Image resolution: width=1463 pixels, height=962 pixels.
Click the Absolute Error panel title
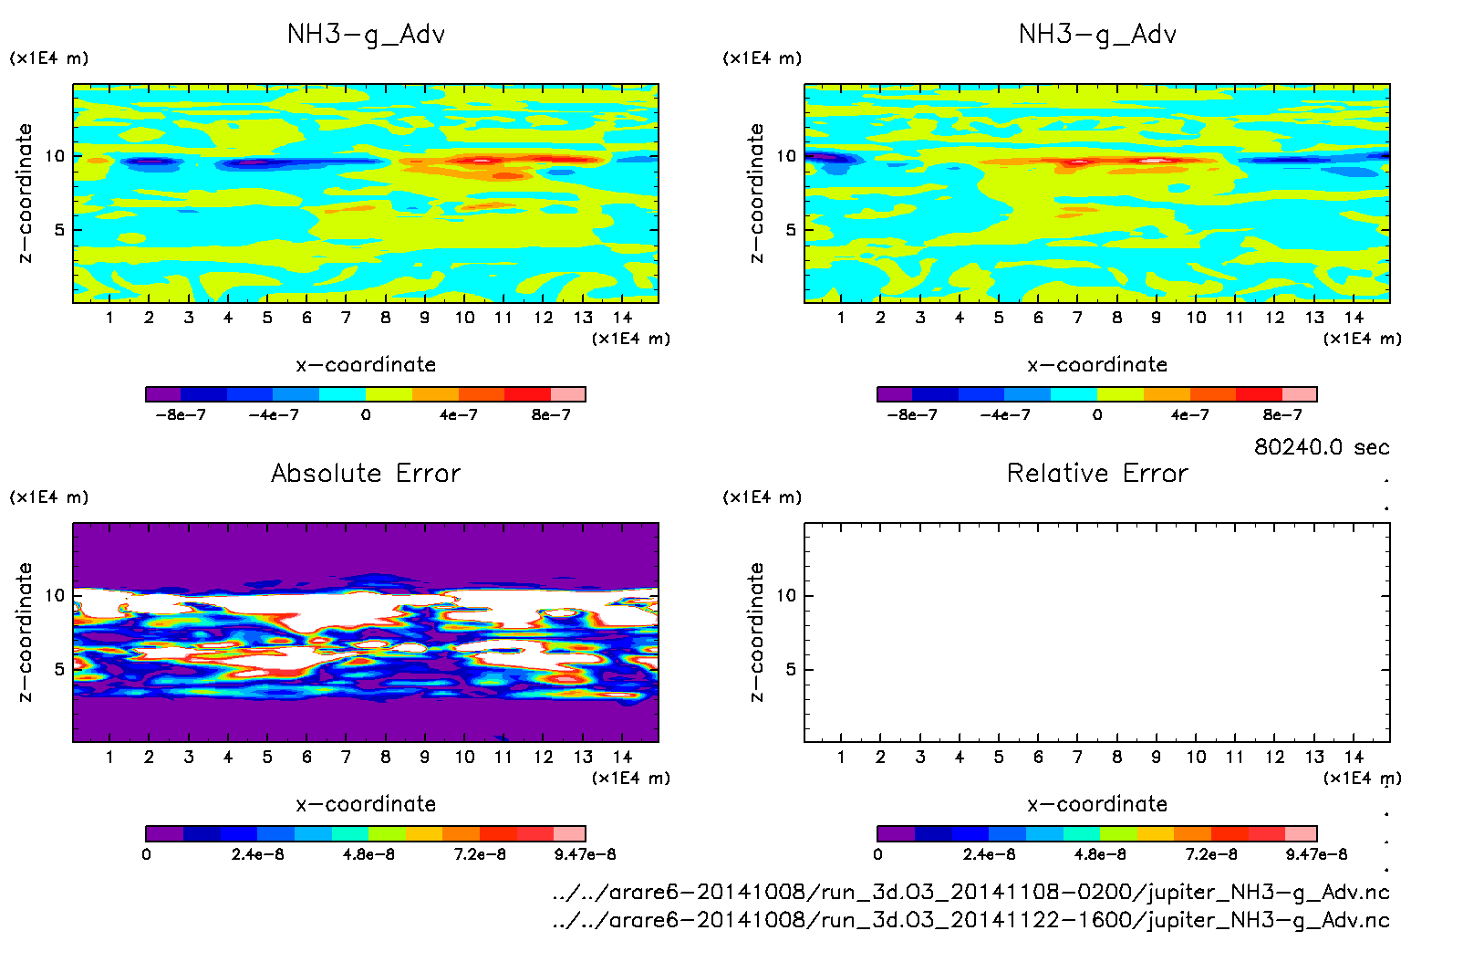366,473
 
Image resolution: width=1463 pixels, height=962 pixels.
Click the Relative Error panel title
1097,473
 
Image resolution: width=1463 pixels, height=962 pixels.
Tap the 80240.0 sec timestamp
1322,447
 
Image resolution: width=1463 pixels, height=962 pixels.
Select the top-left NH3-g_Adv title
366,35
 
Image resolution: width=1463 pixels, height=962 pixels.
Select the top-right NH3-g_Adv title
1097,35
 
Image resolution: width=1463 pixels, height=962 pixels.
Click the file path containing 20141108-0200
970,892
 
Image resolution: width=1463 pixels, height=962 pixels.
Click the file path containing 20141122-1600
970,919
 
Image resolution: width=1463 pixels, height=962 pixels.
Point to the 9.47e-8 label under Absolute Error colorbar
585,854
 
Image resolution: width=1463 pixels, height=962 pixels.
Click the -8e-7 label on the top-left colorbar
181,415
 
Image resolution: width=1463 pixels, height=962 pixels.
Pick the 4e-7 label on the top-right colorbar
1189,415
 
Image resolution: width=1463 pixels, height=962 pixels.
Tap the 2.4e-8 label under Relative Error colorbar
989,854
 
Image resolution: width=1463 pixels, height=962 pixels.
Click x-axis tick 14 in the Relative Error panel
1354,757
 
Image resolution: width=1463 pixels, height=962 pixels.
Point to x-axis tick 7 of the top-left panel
346,318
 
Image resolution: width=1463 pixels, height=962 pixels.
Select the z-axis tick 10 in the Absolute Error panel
56,596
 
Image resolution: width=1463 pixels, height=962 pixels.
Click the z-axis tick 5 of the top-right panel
791,230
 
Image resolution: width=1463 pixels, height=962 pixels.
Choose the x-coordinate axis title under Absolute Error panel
366,804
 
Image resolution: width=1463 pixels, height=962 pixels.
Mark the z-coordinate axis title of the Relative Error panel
756,632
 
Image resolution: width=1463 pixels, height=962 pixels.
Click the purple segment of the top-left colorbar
163,394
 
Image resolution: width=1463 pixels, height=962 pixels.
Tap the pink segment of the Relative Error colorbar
1300,833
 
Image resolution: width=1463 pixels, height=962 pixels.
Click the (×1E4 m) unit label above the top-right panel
762,58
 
